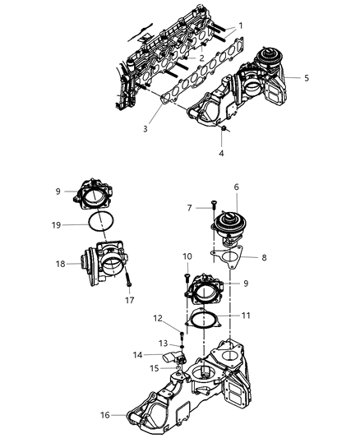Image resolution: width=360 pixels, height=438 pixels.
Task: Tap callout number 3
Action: pyautogui.click(x=145, y=129)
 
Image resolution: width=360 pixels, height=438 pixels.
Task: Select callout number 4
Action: pyautogui.click(x=219, y=153)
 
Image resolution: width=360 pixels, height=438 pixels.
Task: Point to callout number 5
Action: pyautogui.click(x=306, y=78)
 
